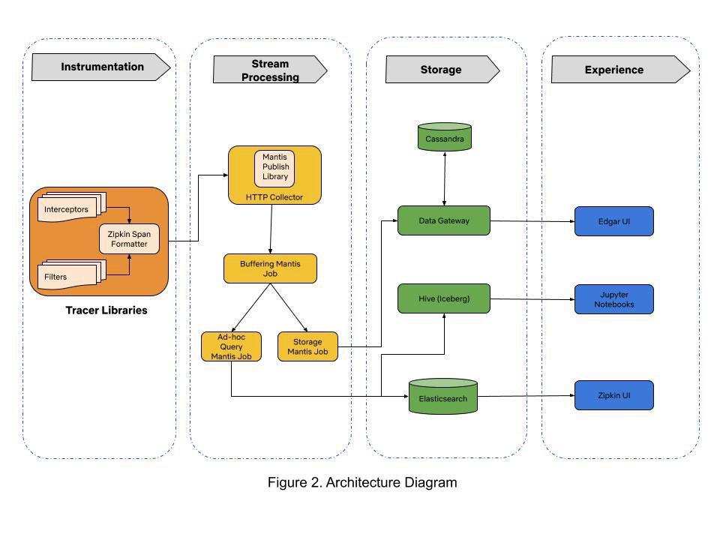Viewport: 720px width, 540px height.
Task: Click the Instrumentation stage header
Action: pos(101,67)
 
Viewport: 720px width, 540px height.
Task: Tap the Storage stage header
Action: pos(441,70)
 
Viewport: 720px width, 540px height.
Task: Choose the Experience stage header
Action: pos(615,70)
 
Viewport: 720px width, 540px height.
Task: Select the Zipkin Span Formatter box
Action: pos(129,238)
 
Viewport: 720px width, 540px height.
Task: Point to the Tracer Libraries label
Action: pos(106,310)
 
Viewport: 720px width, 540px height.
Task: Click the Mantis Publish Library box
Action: pos(275,166)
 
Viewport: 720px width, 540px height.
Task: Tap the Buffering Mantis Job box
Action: pos(270,268)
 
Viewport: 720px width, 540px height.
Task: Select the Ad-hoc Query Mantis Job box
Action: pos(231,346)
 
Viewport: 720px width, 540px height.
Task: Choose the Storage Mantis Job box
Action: pos(307,346)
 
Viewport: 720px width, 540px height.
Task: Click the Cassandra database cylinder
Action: pos(445,138)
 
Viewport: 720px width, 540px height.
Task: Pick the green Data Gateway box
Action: pos(444,220)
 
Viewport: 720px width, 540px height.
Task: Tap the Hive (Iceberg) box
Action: pos(444,298)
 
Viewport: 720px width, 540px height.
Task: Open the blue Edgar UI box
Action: pos(614,221)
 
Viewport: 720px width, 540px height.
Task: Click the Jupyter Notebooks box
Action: pos(614,298)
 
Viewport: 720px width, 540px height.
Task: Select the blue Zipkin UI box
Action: pos(614,395)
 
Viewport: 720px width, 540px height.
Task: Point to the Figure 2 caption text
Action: pos(362,482)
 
